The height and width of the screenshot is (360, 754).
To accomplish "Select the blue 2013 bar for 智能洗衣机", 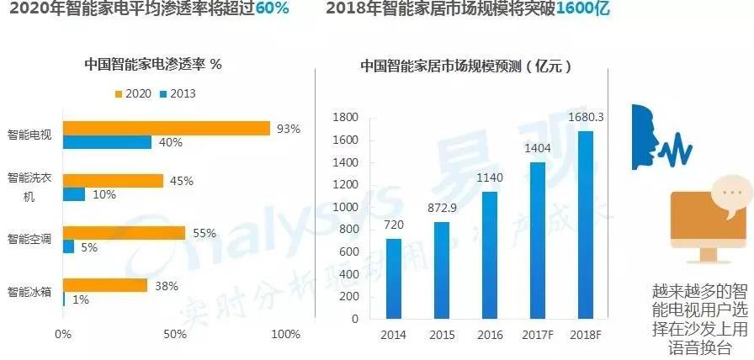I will (x=74, y=194).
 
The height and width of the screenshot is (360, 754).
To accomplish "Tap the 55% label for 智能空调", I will (x=204, y=233).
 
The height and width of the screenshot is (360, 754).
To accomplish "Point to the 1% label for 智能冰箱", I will (x=81, y=299).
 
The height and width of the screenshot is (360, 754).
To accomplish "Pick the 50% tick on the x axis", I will (x=174, y=335).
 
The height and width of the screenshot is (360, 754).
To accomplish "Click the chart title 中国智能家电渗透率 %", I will (x=152, y=65).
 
